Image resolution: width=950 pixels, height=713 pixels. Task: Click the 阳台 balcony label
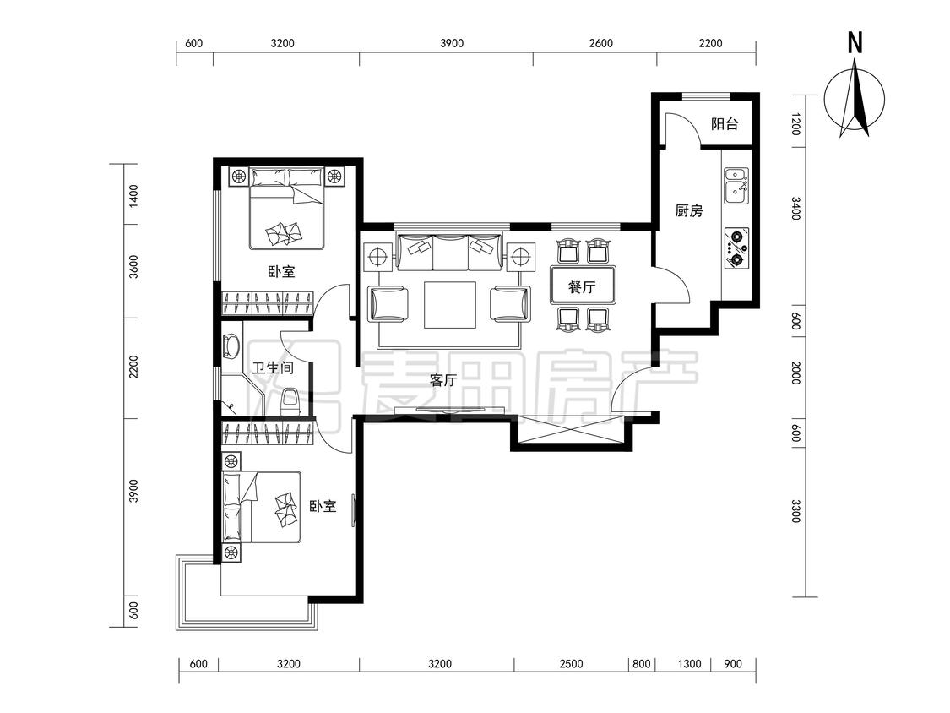point(725,124)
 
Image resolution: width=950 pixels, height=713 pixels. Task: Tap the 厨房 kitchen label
point(689,211)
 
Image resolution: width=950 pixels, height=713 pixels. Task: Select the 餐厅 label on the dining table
point(582,286)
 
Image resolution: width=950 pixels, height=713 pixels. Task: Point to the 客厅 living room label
point(442,380)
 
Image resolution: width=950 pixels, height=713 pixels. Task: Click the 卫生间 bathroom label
point(273,367)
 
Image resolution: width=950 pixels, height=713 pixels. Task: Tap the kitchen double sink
point(736,186)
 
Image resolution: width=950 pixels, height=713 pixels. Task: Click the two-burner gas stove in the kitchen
point(736,248)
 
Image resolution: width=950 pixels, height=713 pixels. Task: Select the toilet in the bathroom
point(290,400)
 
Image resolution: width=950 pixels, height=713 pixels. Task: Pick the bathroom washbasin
point(231,347)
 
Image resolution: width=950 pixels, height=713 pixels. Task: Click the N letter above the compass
point(855,44)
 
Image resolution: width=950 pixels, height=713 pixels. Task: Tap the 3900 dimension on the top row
point(452,43)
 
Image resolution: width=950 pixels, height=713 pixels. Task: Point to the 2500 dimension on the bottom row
point(571,664)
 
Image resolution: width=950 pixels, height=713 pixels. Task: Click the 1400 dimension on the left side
point(134,197)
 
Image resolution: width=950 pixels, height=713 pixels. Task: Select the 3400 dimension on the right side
point(796,209)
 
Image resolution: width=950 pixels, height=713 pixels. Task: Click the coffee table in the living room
point(449,305)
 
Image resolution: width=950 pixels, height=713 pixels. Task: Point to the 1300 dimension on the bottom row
point(689,664)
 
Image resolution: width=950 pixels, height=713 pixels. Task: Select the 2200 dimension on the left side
point(134,367)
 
